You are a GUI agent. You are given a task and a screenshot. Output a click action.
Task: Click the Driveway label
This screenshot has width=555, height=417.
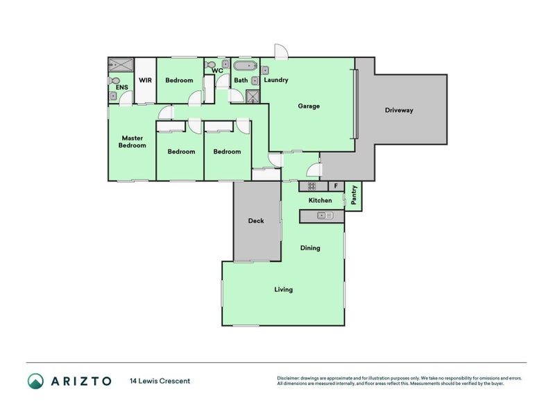pos(399,111)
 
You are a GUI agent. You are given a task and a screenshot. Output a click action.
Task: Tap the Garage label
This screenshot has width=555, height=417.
pos(309,106)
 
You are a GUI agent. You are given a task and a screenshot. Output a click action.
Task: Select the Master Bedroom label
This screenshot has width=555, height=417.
pos(132,142)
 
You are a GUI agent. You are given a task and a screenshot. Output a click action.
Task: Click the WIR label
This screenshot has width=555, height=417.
pos(145,80)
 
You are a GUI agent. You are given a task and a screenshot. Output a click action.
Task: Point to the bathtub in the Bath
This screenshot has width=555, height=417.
pos(246,66)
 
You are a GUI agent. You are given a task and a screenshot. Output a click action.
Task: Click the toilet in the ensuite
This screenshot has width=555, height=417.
pos(114,81)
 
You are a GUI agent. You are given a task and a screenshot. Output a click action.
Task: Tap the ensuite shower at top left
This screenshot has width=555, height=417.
pos(121,65)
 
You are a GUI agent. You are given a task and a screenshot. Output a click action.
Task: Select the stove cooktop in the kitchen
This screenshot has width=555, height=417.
pos(311,186)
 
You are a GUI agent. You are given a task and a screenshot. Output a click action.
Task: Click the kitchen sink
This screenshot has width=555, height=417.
pos(325,215)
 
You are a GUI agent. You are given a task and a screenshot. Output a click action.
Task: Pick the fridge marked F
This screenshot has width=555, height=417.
pos(336,186)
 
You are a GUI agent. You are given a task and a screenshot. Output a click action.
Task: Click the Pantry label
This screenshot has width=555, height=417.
pos(354,195)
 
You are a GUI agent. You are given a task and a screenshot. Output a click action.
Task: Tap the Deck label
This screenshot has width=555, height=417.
pos(256,220)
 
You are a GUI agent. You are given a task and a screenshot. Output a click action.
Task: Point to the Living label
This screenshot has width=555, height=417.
pos(284,290)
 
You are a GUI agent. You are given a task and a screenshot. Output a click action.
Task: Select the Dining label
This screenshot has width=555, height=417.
pos(310,248)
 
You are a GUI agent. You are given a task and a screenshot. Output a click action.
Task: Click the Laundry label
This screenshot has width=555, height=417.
pos(276,80)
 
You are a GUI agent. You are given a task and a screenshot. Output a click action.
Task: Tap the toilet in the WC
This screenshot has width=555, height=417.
pos(210,65)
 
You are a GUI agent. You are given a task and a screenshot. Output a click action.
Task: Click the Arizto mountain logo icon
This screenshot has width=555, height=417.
pos(36,381)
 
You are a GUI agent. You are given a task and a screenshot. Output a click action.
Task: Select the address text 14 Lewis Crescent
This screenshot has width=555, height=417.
pos(160,381)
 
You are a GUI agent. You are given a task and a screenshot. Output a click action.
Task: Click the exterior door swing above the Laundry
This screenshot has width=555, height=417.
pos(282,51)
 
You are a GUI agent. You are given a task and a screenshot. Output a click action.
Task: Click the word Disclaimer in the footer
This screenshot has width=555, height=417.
pos(288,378)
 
